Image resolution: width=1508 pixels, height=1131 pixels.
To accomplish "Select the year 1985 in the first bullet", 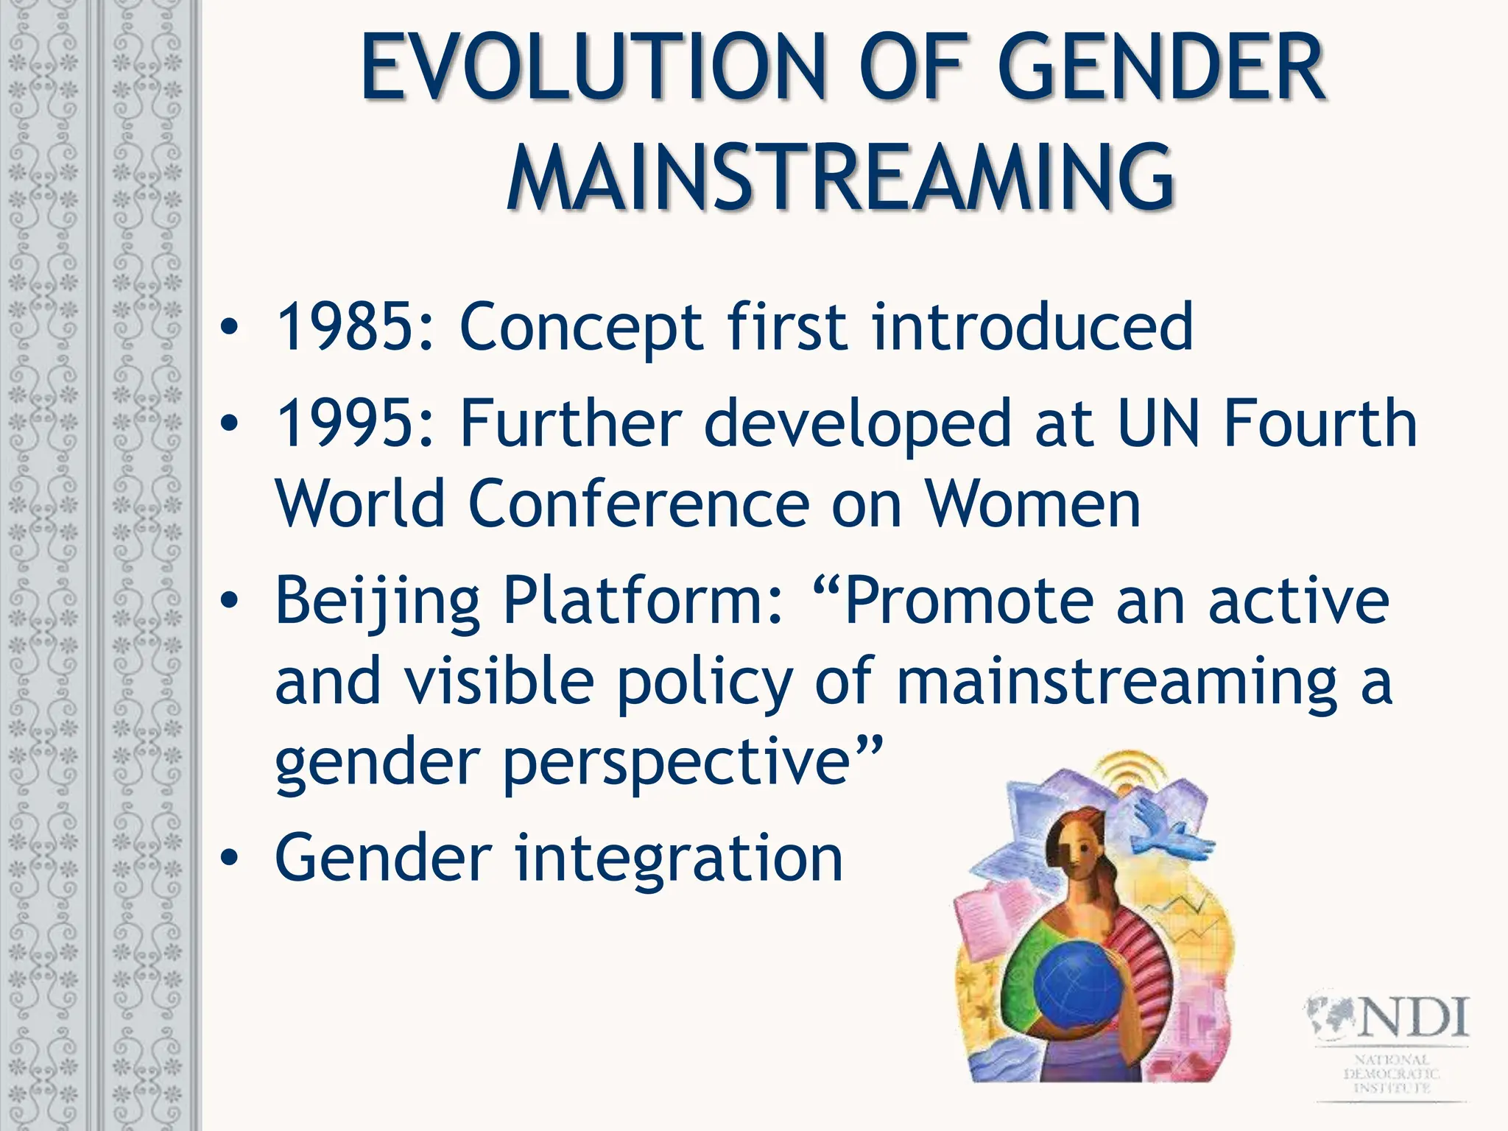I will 345,325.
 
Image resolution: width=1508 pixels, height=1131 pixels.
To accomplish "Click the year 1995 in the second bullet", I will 345,423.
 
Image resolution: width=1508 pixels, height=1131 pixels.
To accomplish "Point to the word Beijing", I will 378,600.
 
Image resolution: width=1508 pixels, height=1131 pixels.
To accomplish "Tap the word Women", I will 1032,504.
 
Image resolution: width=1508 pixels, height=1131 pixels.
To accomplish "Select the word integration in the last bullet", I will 677,857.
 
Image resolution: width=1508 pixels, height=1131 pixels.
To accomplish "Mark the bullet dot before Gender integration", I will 230,859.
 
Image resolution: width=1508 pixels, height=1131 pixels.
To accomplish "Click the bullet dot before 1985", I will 230,327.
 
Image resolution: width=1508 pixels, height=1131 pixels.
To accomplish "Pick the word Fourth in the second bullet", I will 1319,423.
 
